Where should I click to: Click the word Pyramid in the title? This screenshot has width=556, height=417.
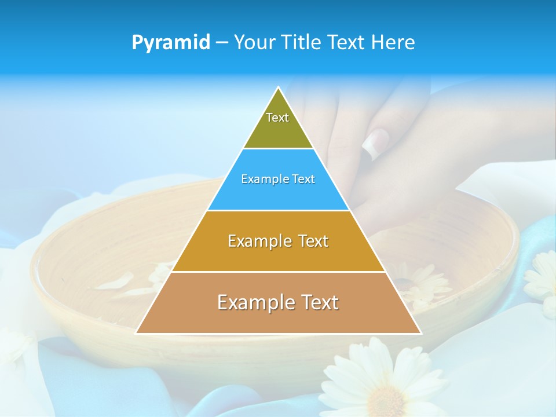coord(171,43)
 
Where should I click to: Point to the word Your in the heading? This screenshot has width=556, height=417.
coord(255,43)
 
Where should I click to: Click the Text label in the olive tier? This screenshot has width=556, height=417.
coord(277,118)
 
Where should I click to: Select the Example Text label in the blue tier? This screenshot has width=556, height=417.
coord(278,179)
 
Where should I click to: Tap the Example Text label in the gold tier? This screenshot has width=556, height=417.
coord(278,241)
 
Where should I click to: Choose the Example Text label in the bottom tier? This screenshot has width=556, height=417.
coord(278,302)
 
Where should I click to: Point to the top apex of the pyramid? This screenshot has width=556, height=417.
coord(279,88)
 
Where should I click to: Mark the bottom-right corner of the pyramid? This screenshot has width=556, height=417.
coord(420,333)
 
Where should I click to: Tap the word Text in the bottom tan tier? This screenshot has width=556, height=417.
coord(316,302)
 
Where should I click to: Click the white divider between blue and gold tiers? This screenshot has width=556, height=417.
coord(278,210)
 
